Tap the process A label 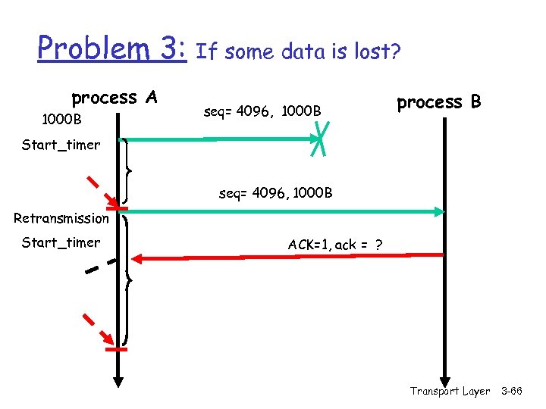click(x=114, y=98)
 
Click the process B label click(x=439, y=101)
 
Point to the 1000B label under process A click(x=62, y=120)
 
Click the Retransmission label click(x=61, y=218)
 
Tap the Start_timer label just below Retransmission click(x=61, y=242)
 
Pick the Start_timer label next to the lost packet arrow click(x=61, y=144)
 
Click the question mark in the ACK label click(x=378, y=245)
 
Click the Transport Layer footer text click(x=450, y=391)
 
